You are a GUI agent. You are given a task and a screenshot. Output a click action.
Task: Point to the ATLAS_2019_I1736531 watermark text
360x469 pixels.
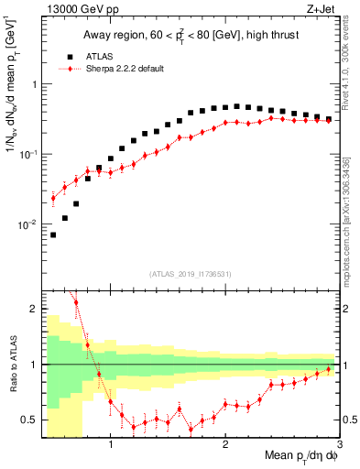pos(191,274)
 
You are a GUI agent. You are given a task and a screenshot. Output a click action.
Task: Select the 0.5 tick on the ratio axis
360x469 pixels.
pos(30,420)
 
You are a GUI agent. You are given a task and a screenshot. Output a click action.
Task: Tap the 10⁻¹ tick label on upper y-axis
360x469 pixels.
pos(28,154)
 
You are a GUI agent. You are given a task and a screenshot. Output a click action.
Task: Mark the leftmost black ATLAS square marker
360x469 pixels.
pos(53,234)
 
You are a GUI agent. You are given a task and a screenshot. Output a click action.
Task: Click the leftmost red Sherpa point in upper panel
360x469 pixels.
pos(53,197)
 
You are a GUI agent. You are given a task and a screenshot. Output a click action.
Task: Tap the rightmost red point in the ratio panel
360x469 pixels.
pos(329,369)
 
